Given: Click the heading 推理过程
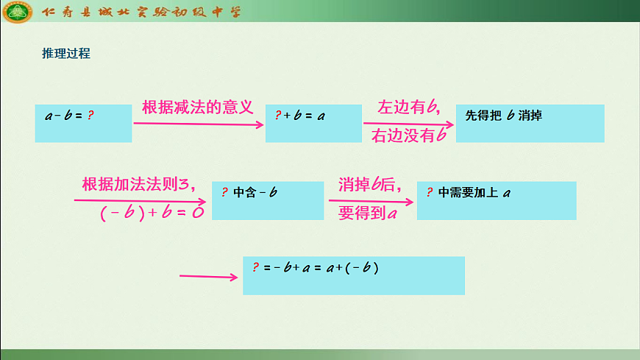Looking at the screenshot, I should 66,54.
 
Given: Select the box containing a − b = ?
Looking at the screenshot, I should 83,123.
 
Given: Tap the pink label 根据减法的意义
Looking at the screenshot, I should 197,107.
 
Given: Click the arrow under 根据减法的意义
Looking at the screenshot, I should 198,124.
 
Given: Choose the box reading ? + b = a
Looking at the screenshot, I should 313,123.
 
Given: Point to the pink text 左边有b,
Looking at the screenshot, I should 409,107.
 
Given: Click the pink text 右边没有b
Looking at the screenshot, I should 409,137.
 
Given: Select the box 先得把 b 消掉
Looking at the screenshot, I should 530,123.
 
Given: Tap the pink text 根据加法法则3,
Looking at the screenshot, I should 139,184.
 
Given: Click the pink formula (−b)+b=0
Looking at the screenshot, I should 152,213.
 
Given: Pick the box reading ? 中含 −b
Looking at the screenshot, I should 267,200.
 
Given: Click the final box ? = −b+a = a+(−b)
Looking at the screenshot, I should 353,275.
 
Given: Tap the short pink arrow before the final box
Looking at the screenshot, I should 209,277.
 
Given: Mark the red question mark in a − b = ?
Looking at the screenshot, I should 90,116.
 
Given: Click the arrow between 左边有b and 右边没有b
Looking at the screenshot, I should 409,123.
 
